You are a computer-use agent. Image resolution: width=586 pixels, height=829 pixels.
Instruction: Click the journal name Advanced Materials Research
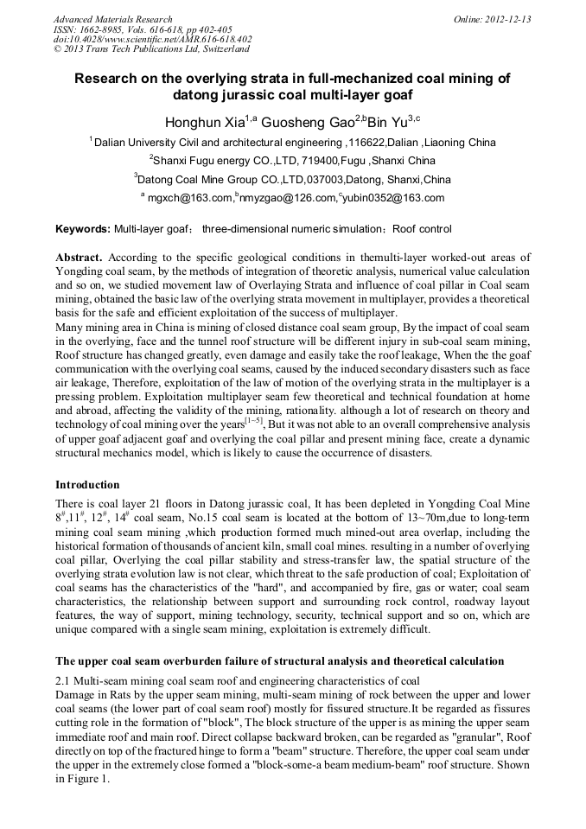[x=112, y=19]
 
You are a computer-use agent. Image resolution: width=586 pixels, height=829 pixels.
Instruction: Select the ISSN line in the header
[x=142, y=29]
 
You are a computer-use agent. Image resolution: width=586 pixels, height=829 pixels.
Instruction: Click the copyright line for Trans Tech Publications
[x=151, y=49]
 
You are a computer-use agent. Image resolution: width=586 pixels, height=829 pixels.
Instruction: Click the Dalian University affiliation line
[x=294, y=143]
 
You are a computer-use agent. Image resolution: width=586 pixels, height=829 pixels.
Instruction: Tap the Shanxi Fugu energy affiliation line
[x=293, y=161]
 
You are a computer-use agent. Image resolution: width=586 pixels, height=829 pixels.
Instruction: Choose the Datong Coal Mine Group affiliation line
[x=293, y=180]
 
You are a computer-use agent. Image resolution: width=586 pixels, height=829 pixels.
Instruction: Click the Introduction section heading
[x=87, y=484]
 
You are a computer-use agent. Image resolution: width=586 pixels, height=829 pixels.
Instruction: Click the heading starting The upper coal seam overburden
[x=279, y=661]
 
